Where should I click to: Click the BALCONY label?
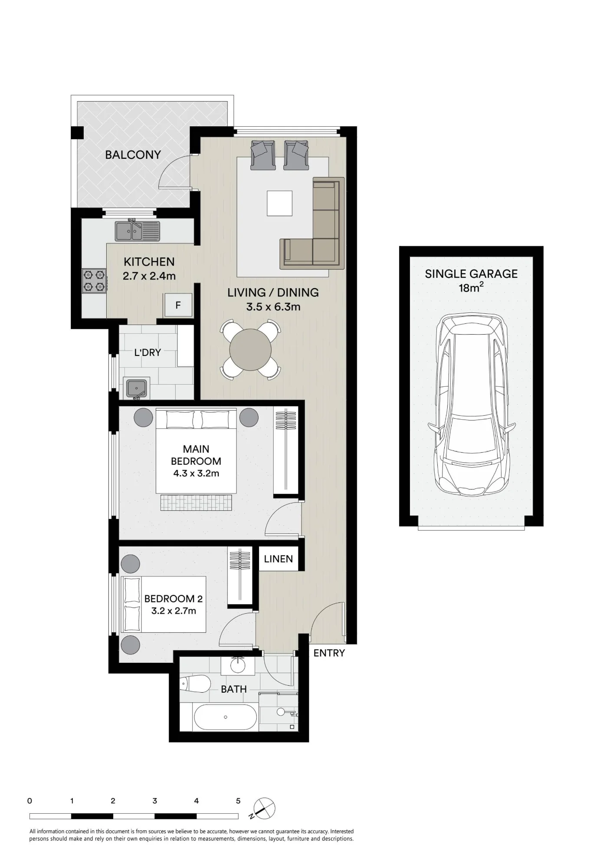[133, 155]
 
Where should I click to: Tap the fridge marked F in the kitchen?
[178, 305]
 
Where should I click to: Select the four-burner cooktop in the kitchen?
[94, 280]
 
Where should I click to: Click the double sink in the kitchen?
[137, 231]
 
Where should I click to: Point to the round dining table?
[250, 350]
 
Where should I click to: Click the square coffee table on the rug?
[279, 203]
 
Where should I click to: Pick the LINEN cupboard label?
[279, 559]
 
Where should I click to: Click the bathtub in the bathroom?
[226, 717]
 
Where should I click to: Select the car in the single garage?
[472, 405]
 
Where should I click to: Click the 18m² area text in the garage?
[471, 287]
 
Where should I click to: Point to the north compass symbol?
[263, 809]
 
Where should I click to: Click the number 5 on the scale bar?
[238, 801]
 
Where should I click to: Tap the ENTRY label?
[329, 653]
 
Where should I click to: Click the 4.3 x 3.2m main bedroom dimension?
[196, 473]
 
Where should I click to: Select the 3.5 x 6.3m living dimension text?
[273, 307]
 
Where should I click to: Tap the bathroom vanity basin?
[238, 665]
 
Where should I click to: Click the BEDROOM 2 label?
[174, 599]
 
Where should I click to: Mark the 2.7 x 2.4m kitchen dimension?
[149, 276]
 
